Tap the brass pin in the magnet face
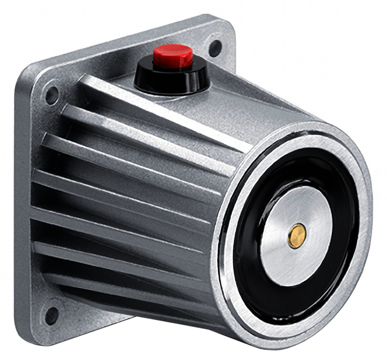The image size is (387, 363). (297, 236)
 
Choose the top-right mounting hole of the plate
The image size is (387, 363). (215, 47)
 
